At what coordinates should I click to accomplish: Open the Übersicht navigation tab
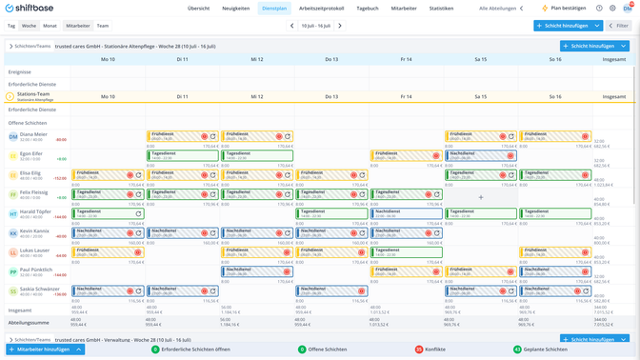(198, 9)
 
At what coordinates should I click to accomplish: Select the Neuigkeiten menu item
(235, 9)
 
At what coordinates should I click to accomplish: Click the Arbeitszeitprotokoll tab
(321, 9)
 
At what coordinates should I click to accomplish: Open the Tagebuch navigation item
(367, 9)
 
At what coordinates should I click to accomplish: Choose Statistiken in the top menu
(441, 9)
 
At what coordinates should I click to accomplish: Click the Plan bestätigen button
(565, 9)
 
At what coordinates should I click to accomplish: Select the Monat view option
(50, 26)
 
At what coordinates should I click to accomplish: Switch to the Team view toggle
(102, 26)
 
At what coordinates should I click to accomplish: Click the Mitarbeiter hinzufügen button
(45, 350)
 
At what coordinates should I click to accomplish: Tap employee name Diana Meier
(33, 134)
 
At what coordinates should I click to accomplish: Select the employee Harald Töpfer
(35, 211)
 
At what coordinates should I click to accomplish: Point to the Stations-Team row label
(33, 94)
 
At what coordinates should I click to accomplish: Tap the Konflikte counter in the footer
(434, 350)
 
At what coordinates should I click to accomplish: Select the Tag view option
(11, 26)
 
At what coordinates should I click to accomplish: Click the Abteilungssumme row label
(29, 323)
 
